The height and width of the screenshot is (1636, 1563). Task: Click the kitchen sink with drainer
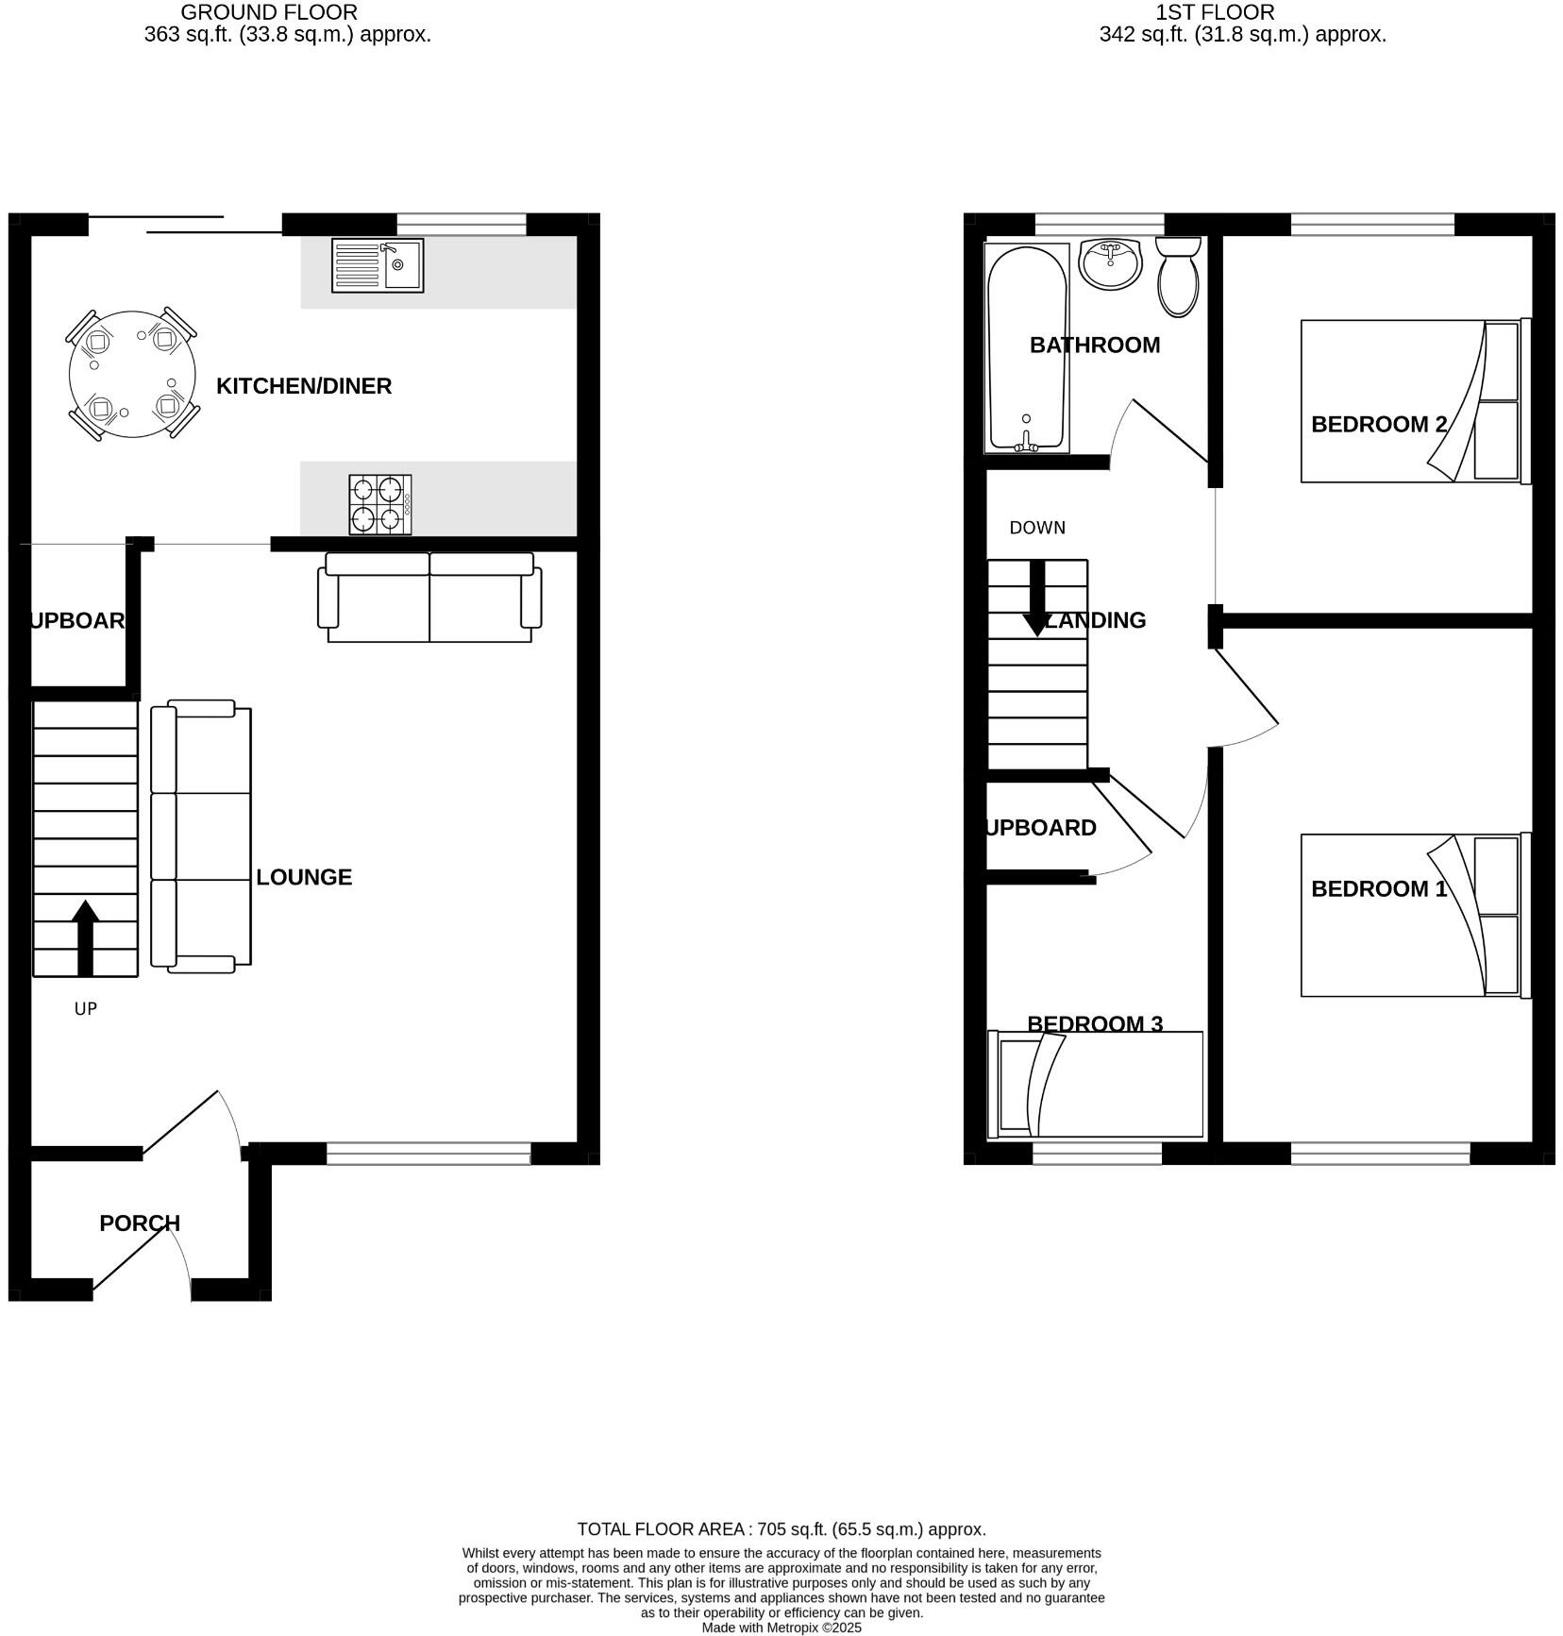point(378,265)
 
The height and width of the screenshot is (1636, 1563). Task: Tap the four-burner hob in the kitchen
point(380,504)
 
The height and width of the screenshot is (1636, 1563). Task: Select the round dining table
point(132,374)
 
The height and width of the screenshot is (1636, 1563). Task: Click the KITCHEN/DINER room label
point(304,386)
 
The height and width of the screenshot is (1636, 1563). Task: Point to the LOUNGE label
point(304,877)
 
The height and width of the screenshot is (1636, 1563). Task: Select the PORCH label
point(140,1223)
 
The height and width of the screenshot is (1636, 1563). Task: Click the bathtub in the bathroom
point(1027,347)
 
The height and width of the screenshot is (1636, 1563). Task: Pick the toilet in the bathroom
point(1178,276)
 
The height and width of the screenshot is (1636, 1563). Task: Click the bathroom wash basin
point(1111,262)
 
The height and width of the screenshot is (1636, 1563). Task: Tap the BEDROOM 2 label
point(1379,425)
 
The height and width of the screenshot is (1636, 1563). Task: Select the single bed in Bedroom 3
point(1095,1084)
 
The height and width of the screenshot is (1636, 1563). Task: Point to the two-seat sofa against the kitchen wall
point(429,598)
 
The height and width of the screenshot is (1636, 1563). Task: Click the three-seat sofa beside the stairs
point(201,836)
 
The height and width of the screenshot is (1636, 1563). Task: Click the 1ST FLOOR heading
point(1215,13)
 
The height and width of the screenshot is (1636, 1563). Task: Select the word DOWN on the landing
point(1037,528)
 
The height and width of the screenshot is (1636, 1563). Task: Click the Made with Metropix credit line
point(781,1628)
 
